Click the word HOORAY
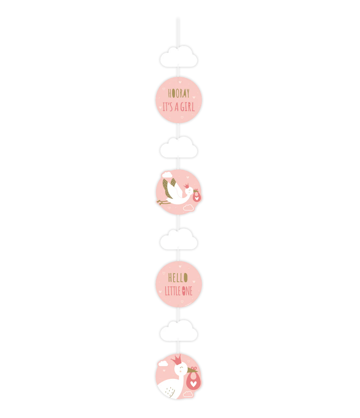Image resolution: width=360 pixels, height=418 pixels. (x=179, y=93)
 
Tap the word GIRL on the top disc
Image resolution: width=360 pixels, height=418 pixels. (x=188, y=107)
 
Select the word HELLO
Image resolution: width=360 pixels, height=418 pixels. (x=178, y=278)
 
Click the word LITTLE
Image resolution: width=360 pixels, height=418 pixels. (x=173, y=291)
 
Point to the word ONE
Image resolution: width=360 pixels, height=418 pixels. (x=187, y=291)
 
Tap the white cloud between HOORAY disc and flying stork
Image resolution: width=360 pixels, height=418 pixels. (x=179, y=147)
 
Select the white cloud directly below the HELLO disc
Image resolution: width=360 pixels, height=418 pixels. (x=179, y=330)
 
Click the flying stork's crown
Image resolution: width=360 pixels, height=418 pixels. (x=186, y=186)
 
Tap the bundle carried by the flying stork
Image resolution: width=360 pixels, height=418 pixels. (x=197, y=196)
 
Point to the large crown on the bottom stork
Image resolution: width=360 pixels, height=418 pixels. (x=176, y=360)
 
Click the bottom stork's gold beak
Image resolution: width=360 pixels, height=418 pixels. (x=192, y=370)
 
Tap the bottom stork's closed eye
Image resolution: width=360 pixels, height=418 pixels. (x=181, y=367)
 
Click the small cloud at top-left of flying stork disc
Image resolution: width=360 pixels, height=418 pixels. (x=167, y=175)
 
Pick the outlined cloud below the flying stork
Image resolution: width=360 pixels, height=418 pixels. (x=188, y=207)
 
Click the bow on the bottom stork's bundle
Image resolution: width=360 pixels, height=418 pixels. (x=194, y=369)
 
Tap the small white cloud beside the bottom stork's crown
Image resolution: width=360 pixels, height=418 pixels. (x=163, y=363)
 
